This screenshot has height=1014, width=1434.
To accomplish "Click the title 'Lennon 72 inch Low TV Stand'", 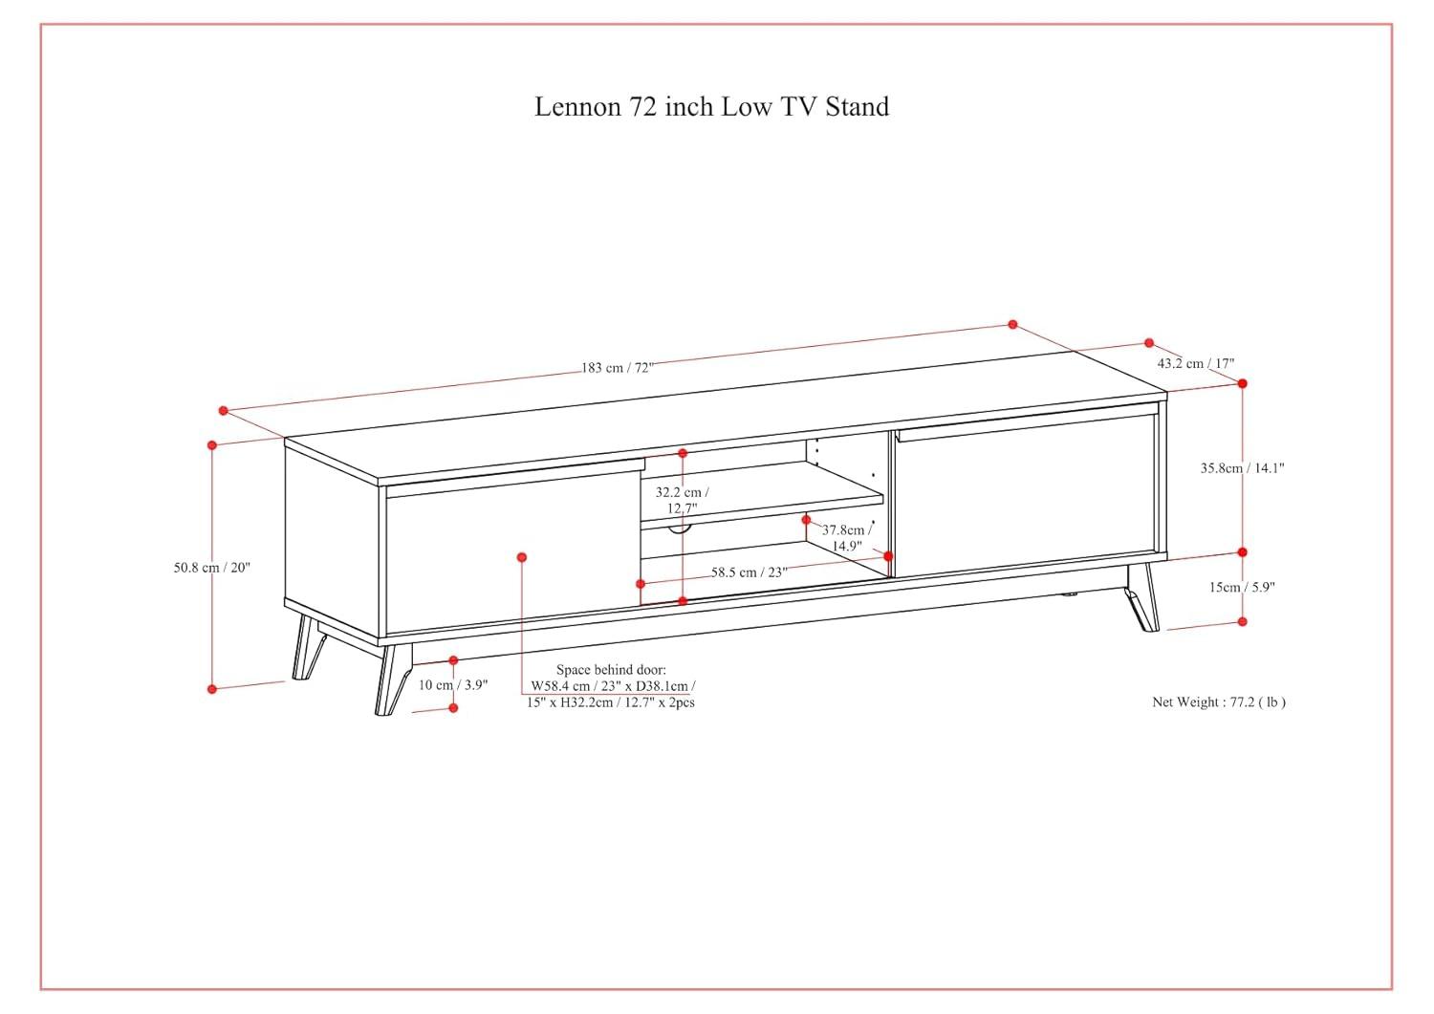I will [711, 106].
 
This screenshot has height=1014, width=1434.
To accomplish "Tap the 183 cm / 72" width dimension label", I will [617, 368].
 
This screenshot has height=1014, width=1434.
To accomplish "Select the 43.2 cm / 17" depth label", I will [1195, 363].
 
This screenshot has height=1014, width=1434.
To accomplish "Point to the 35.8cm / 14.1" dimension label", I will [1242, 468].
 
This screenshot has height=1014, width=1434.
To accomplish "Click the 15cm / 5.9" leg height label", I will [1242, 587].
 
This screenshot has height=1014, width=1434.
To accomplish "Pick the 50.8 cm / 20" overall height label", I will [211, 567].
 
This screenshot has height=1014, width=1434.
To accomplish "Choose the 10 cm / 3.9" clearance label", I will [453, 684].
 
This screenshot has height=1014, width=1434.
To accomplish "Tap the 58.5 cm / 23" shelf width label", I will [749, 572].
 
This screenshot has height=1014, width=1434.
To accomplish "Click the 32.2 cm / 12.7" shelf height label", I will [678, 500].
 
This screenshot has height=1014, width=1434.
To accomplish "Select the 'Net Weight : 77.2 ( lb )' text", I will [1218, 701].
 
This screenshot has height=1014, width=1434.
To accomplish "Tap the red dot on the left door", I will [521, 557].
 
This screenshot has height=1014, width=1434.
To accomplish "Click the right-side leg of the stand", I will [1143, 597].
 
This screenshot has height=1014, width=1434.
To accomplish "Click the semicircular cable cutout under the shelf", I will [679, 528].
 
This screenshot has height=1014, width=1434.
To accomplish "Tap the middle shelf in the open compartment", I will [760, 504].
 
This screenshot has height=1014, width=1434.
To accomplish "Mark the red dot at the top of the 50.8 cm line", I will [212, 444].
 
